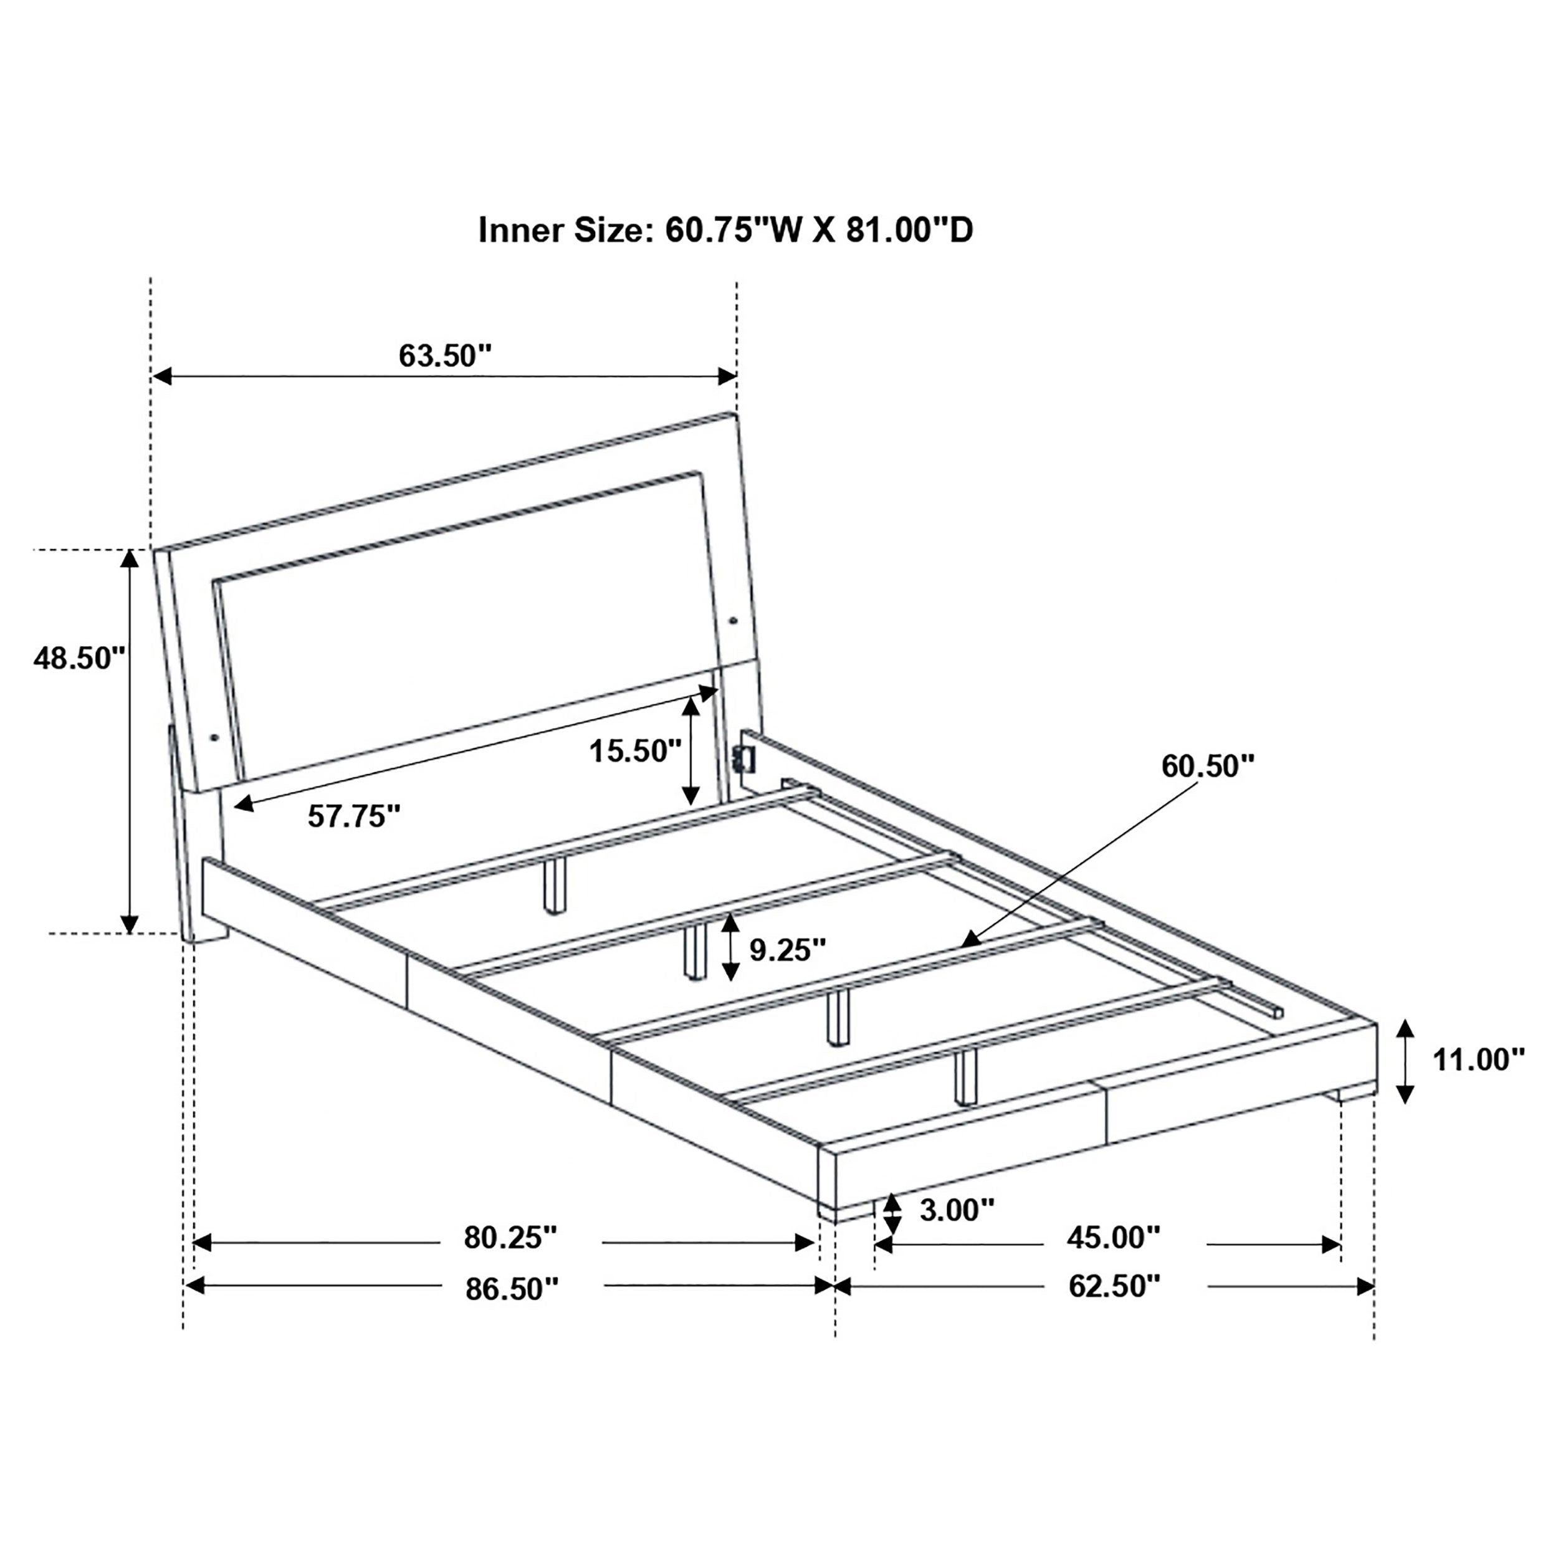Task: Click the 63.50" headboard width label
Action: pos(444,356)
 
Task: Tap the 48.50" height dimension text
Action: pos(79,658)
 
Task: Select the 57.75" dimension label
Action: pos(354,816)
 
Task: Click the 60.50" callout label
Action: pos(1207,766)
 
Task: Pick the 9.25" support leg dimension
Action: pos(788,950)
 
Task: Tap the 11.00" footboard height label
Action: pos(1478,1059)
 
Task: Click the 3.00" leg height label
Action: pos(957,1210)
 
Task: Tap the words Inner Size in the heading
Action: pos(563,231)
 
